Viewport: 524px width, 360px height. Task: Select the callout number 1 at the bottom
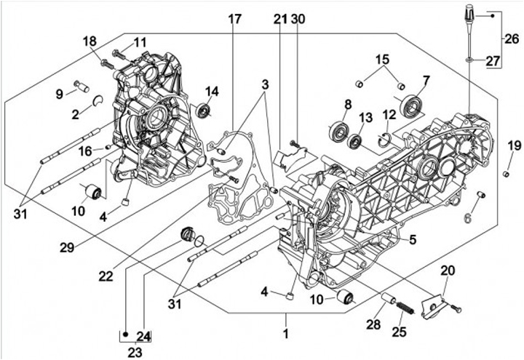286,335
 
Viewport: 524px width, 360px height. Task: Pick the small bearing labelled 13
357,141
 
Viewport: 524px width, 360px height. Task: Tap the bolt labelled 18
104,63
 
